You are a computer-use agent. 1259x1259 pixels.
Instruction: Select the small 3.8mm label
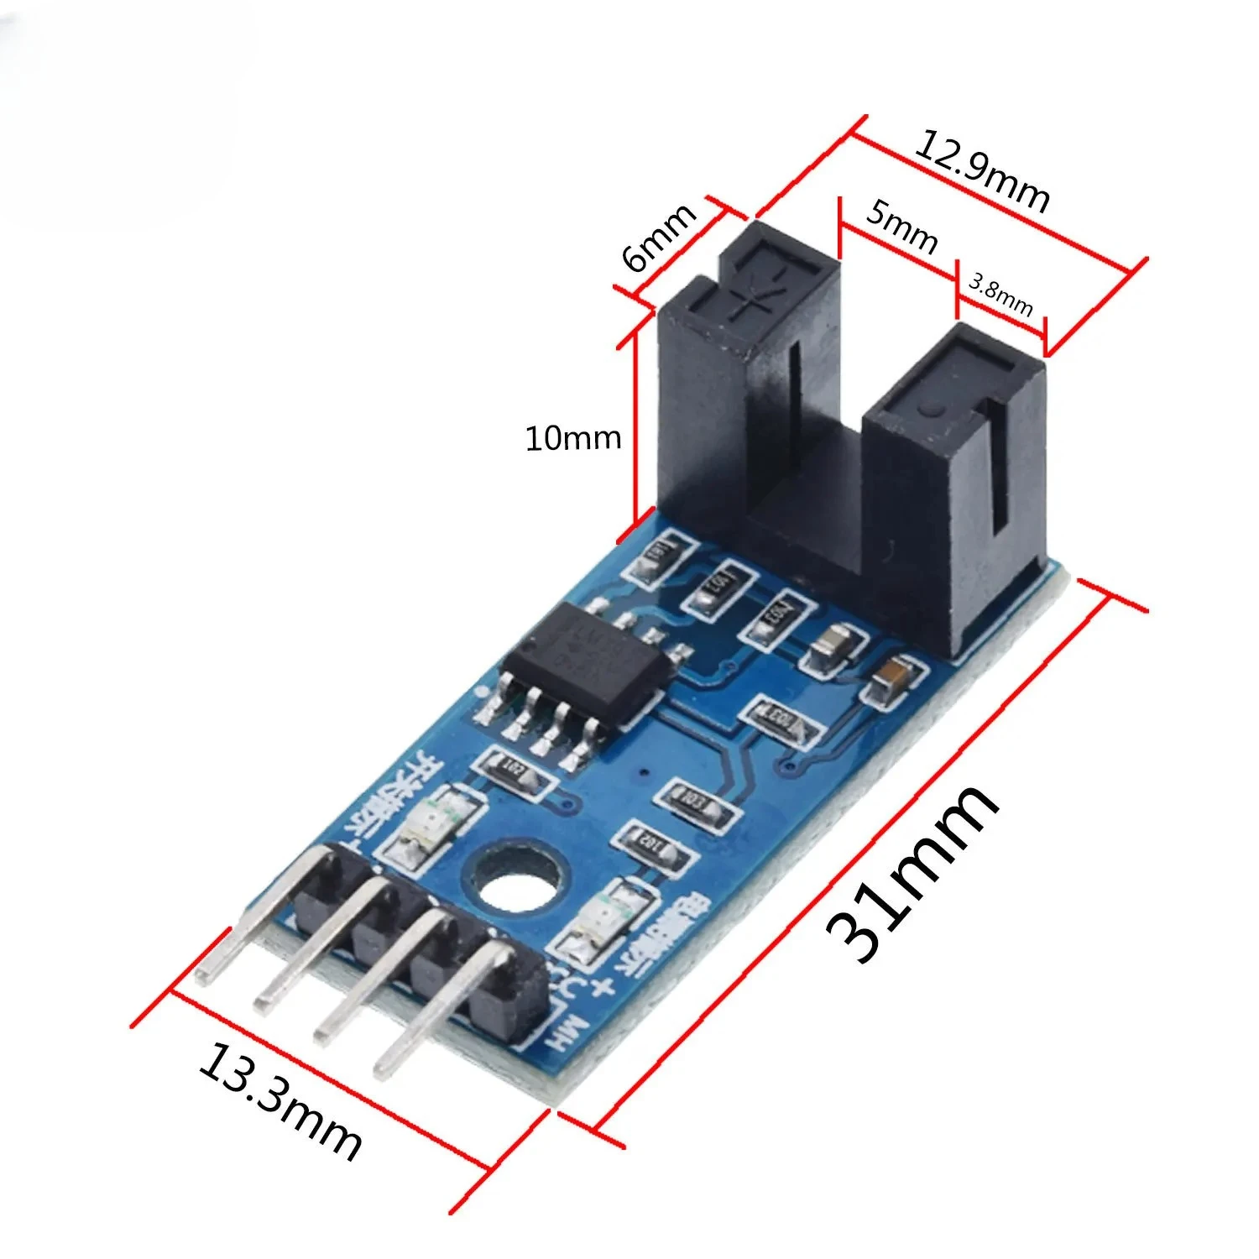(x=1000, y=293)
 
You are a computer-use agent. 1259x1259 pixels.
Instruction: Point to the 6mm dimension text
(x=660, y=238)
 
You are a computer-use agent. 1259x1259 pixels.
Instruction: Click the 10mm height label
(x=572, y=438)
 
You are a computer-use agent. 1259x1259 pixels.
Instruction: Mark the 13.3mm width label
(x=279, y=1101)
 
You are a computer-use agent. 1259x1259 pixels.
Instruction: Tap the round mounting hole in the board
(x=515, y=881)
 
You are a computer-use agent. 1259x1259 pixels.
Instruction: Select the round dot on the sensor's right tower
(x=928, y=410)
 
